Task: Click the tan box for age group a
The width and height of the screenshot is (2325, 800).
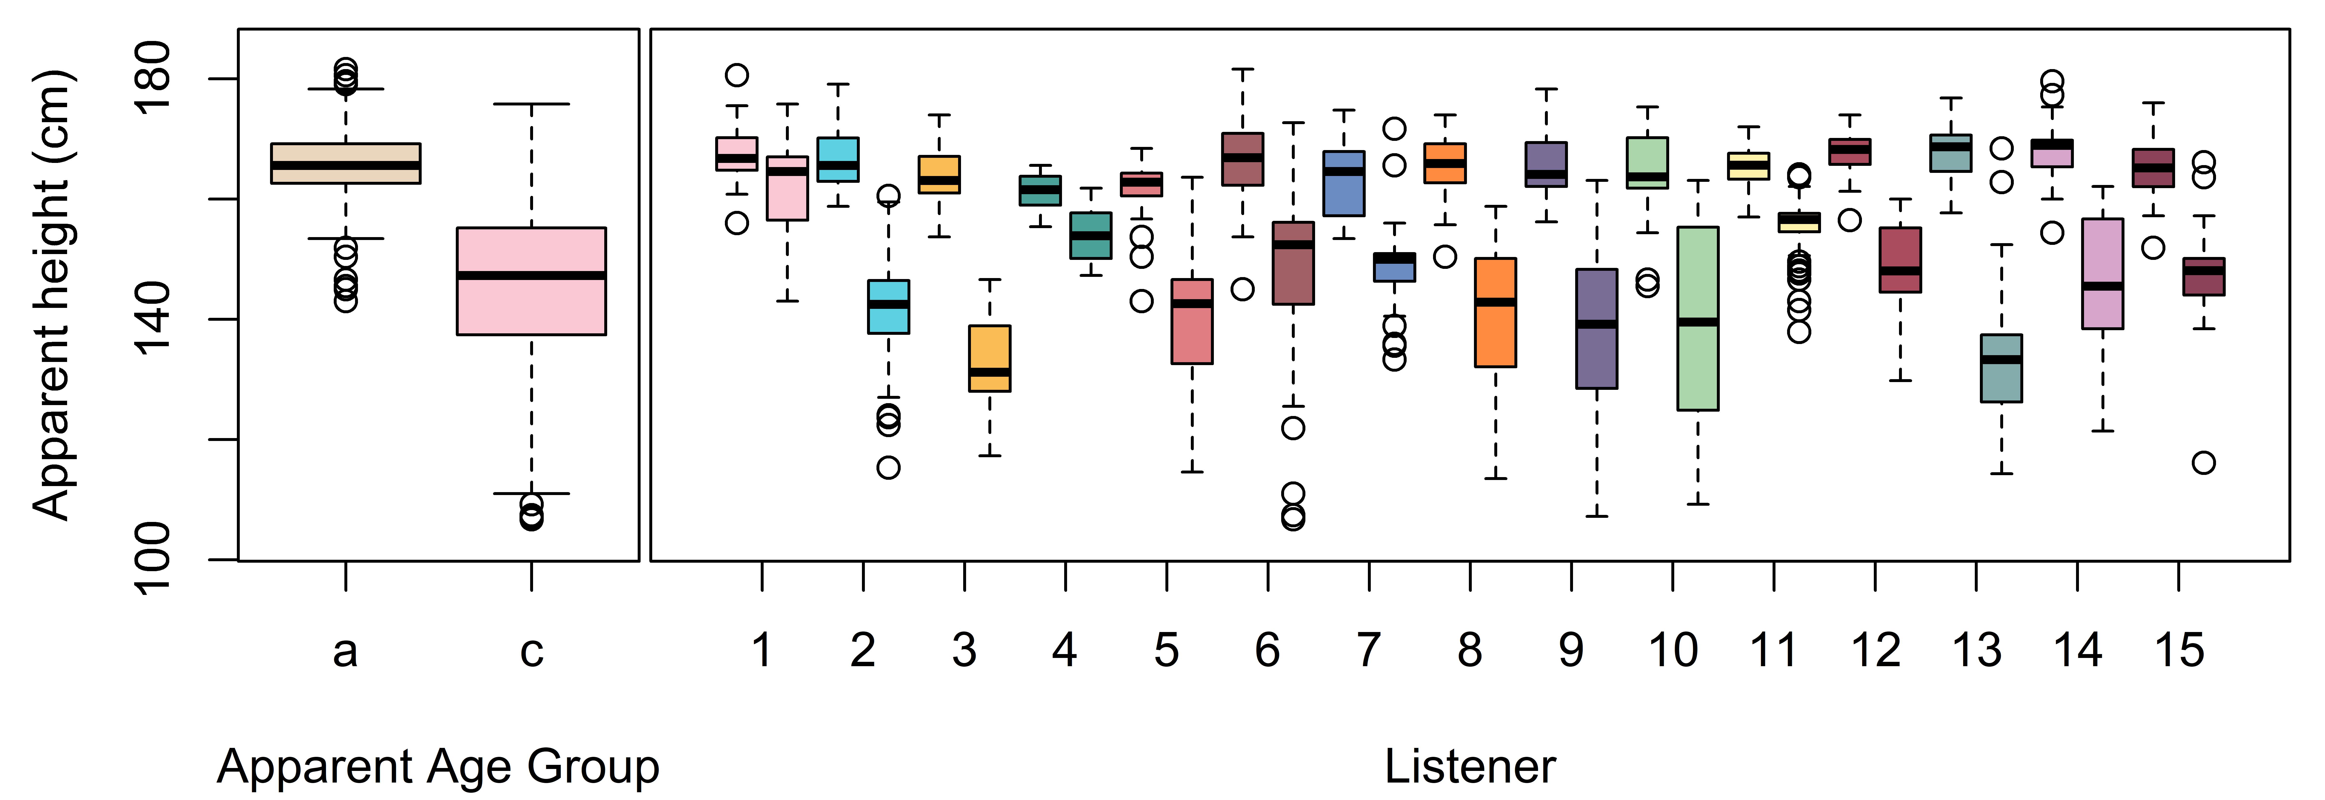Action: pos(346,163)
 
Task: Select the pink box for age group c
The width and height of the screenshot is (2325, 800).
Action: pos(532,281)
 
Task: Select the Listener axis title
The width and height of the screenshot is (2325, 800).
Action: pos(1470,767)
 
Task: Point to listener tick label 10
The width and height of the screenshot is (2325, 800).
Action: pos(1673,650)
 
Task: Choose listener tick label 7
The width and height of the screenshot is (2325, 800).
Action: pos(1369,650)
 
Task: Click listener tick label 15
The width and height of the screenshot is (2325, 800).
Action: pos(2180,650)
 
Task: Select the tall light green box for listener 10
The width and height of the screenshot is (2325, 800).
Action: pos(1698,319)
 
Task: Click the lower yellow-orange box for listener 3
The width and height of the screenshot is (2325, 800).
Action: pos(990,359)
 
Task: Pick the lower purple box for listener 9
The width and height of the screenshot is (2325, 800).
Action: pos(1597,329)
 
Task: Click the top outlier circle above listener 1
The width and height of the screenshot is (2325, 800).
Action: pos(737,75)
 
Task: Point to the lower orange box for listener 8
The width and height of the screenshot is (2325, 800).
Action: pos(1496,312)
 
